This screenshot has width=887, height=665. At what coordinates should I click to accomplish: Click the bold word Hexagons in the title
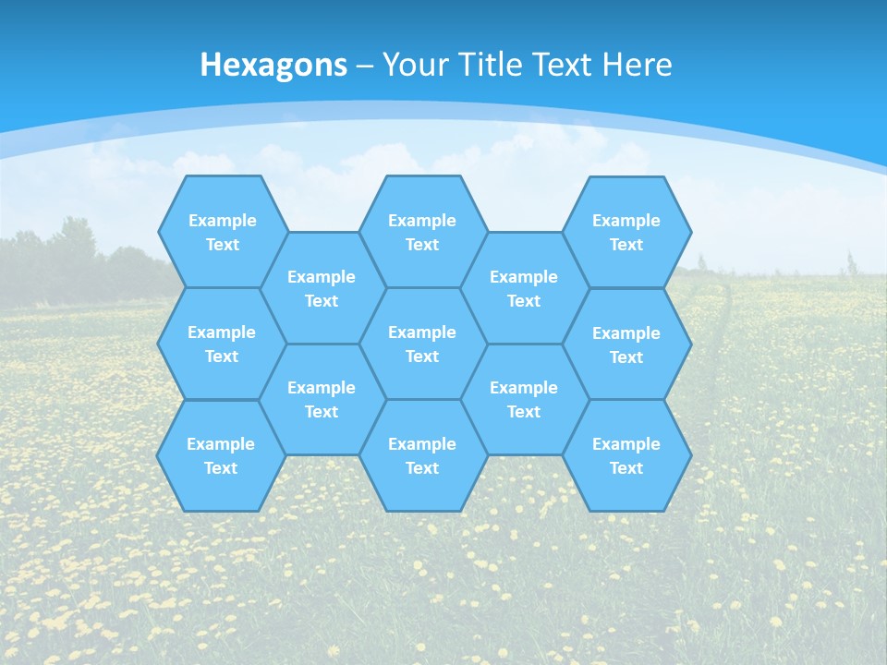pos(273,65)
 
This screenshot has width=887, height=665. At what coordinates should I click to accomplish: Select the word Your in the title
pos(410,65)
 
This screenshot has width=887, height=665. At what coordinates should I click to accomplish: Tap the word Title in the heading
pos(488,65)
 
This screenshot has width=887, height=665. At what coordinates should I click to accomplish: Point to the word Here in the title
pos(637,65)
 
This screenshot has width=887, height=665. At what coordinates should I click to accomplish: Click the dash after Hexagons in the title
pos(365,66)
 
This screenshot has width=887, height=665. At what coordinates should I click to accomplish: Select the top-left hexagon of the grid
pos(223,232)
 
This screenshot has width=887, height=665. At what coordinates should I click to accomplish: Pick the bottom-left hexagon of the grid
pos(221,455)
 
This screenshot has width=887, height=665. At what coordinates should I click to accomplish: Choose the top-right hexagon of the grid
pos(626,232)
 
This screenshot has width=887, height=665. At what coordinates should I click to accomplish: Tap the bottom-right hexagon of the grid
pos(626,455)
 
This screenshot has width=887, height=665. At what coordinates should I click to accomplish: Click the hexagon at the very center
pos(422,344)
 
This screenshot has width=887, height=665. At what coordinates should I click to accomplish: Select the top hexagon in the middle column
pos(422,232)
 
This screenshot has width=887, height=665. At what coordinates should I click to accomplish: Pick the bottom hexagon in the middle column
pos(422,455)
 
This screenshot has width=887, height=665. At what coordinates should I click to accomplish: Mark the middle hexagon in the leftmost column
pos(222,344)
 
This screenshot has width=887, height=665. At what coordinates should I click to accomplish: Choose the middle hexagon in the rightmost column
pos(626,345)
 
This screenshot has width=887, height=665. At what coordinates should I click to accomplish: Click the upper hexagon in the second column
pos(322,288)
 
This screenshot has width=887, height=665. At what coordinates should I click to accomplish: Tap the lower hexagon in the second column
pos(322,399)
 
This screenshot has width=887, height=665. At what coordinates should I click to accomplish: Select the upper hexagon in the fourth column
pos(524,288)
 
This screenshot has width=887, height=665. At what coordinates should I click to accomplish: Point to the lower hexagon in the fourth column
pos(524,399)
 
